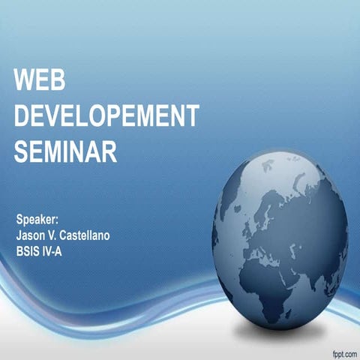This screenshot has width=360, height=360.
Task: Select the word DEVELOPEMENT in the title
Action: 106,116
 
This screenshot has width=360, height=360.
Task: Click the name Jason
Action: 33,235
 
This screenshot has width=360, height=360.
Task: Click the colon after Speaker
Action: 57,220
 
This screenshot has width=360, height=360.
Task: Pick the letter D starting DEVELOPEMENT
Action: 22,116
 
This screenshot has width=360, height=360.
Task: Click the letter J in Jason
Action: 19,235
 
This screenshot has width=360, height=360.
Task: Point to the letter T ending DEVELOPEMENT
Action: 193,116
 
